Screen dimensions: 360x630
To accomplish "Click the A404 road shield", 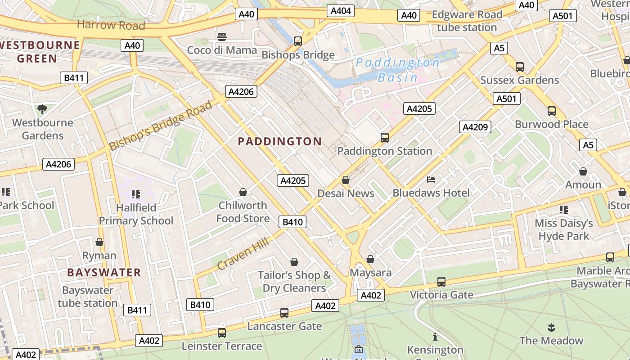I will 341,11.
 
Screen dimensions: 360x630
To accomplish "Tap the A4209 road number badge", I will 475,127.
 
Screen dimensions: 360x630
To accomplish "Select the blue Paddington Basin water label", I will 398,70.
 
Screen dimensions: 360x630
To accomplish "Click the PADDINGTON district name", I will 279,142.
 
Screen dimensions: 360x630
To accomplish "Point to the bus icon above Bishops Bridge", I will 297,41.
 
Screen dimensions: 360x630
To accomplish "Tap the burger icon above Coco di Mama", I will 221,37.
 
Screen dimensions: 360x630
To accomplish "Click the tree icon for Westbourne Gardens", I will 42,109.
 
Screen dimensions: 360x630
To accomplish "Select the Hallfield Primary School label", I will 136,214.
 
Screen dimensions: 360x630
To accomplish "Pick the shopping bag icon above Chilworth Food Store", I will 243,192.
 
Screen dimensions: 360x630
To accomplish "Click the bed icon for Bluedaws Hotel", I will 431,180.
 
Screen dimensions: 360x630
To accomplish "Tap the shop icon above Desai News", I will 346,180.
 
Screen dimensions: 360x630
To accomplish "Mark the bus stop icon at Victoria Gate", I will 441,282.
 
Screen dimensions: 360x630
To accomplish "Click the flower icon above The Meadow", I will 551,327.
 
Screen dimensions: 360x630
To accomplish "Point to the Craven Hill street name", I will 243,254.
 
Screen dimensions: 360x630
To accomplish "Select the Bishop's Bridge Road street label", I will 161,126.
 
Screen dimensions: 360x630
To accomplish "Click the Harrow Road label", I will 111,25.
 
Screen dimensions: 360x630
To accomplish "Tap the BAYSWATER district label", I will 104,272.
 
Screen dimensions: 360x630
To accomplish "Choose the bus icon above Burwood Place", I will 551,111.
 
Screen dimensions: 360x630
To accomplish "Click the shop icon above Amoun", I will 583,171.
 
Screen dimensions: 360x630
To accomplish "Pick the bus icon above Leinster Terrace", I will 222,333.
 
